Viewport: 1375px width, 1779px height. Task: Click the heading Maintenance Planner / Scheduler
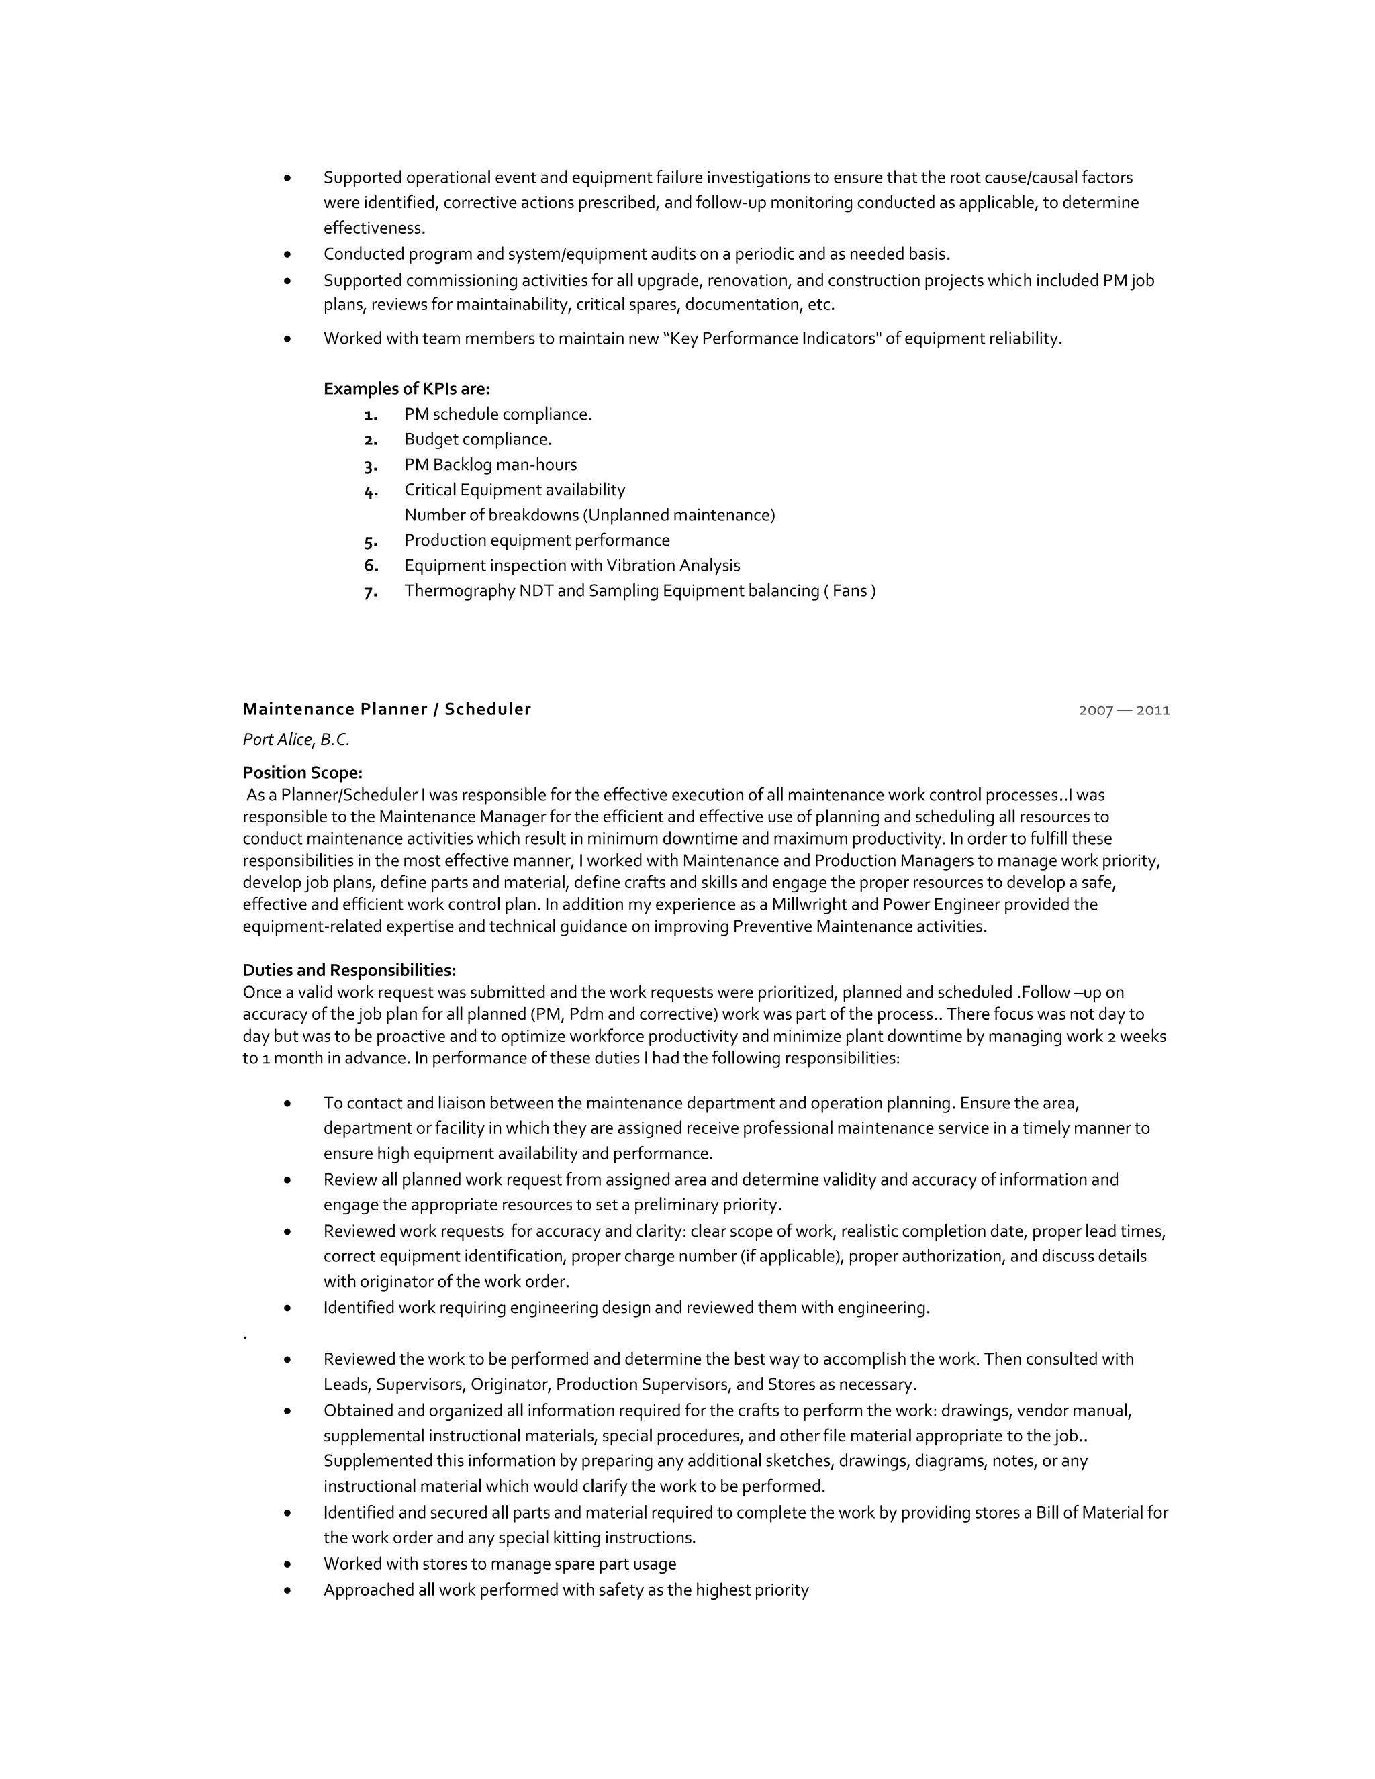[x=386, y=709]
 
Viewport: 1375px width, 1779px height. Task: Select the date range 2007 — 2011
[x=1123, y=710]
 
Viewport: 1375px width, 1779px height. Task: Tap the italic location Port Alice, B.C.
[x=295, y=740]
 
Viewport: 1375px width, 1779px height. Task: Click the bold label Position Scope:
[x=302, y=772]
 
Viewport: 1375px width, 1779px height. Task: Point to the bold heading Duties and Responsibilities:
[x=348, y=970]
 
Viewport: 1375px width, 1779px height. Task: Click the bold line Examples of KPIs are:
[x=406, y=389]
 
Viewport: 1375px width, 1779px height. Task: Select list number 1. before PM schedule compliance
[x=371, y=415]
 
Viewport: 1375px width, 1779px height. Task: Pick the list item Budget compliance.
[x=477, y=439]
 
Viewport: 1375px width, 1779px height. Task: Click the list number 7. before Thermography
[x=371, y=592]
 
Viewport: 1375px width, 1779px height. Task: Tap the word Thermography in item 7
[x=459, y=591]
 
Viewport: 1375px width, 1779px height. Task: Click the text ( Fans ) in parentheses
[x=849, y=591]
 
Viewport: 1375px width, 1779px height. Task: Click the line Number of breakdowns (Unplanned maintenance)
[x=589, y=515]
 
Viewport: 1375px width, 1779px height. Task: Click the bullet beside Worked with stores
[x=287, y=1564]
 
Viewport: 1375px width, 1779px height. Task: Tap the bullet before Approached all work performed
[x=287, y=1590]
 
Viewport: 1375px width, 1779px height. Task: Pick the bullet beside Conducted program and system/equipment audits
[x=287, y=254]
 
